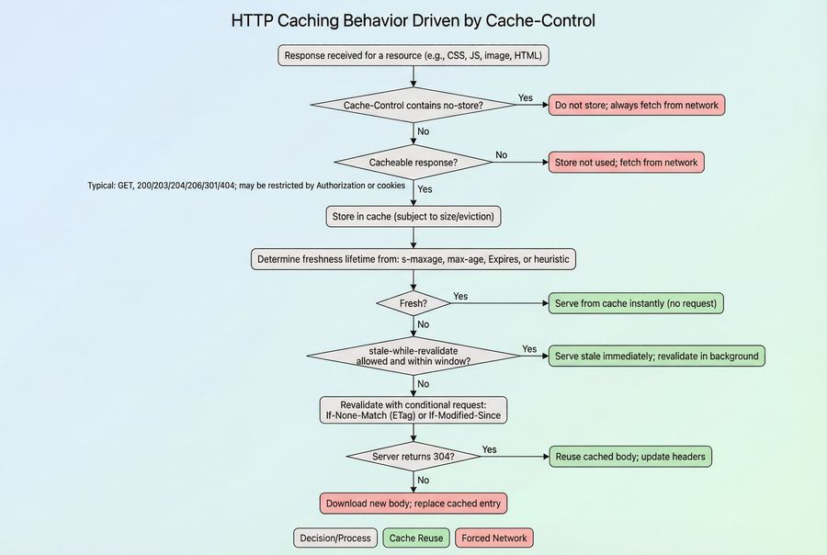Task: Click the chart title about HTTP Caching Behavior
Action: pos(413,20)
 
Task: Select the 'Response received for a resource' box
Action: pos(413,56)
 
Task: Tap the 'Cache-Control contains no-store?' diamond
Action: pos(413,105)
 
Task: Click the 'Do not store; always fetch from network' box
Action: pos(637,105)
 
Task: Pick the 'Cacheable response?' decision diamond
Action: pos(413,163)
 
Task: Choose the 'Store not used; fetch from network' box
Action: pos(627,163)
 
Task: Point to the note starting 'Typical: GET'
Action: pos(246,186)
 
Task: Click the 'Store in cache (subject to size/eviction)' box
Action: pos(413,217)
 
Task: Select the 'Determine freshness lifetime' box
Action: pos(413,259)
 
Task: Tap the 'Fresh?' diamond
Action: pos(413,303)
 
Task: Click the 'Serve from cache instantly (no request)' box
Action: pos(637,303)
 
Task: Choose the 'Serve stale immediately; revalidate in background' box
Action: pos(657,356)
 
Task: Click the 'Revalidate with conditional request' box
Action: pos(413,410)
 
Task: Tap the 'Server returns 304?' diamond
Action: pos(413,457)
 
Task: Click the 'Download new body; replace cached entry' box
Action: pos(413,504)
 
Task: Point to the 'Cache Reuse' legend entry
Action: pos(416,538)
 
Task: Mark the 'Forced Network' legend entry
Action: pos(494,538)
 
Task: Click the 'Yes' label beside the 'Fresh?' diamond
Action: pos(460,296)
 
